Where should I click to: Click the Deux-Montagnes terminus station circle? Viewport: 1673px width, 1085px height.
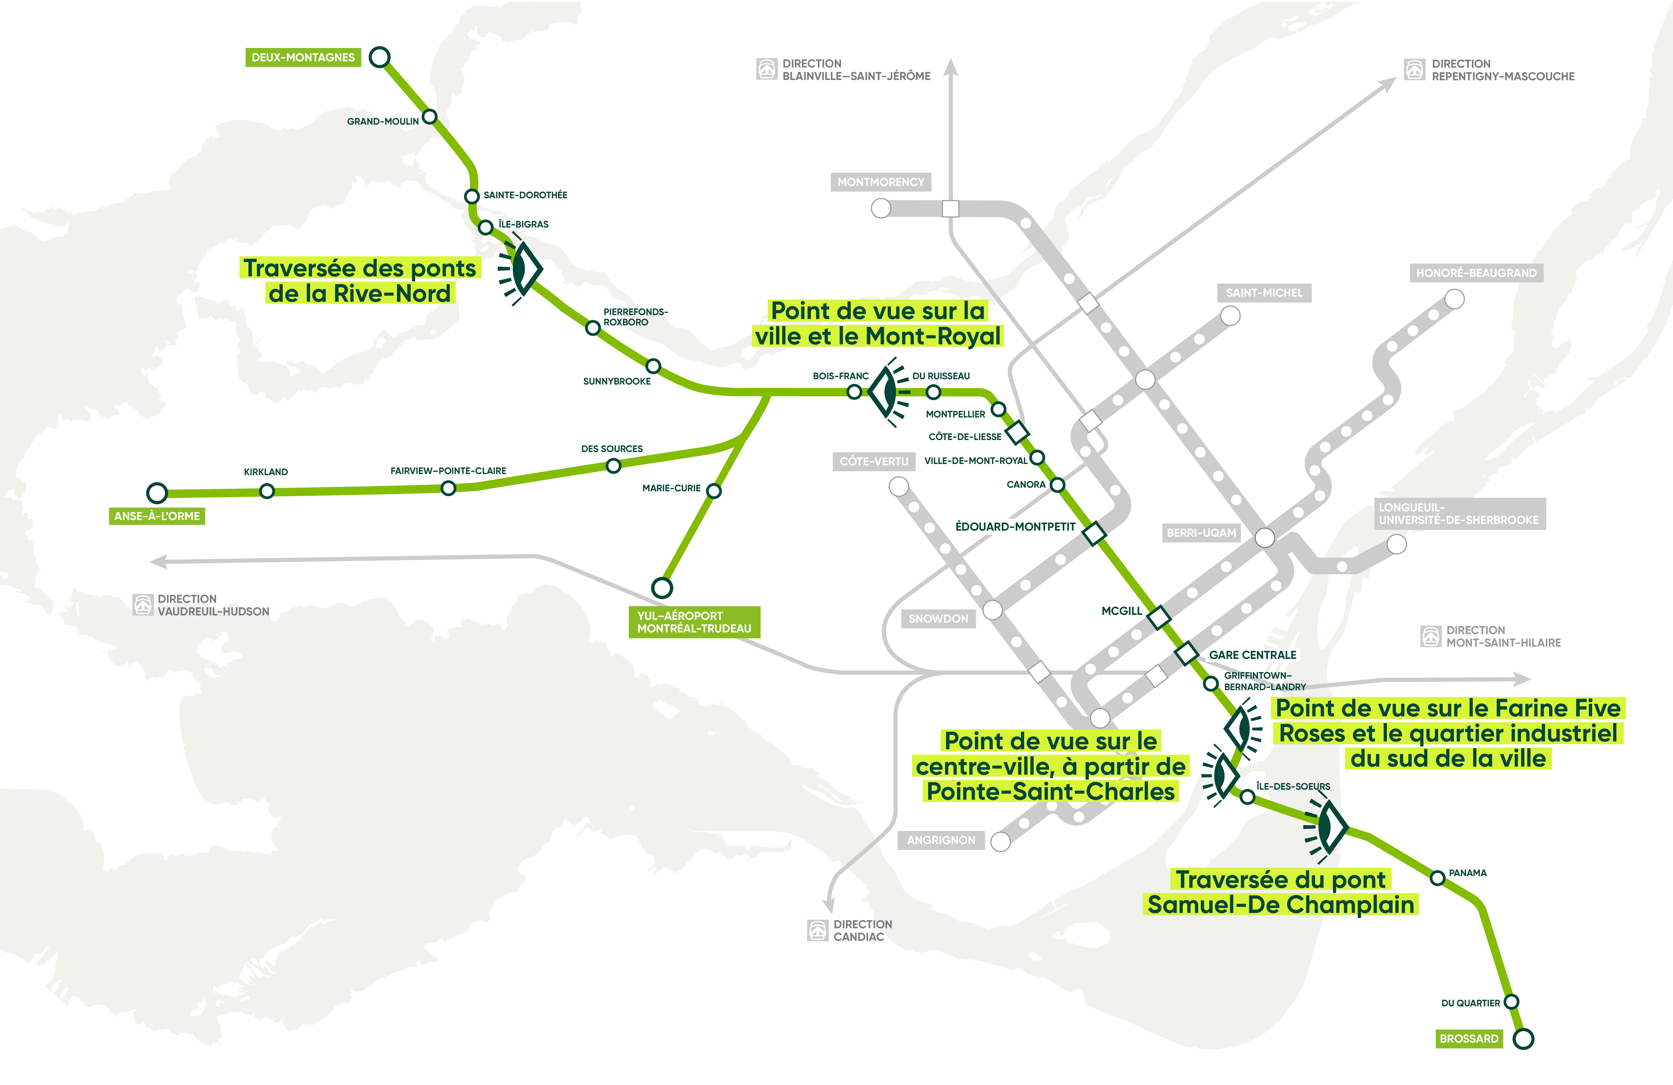click(x=379, y=57)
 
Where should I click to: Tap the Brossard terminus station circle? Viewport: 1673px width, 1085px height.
click(x=1523, y=1039)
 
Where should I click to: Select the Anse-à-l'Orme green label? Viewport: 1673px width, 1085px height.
click(x=157, y=516)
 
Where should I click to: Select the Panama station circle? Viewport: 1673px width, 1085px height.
click(x=1437, y=878)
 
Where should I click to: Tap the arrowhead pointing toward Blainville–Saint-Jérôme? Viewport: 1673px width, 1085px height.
click(x=950, y=67)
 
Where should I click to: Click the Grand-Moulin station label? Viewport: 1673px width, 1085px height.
click(x=382, y=122)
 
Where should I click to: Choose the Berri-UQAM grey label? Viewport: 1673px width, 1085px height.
click(x=1201, y=533)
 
